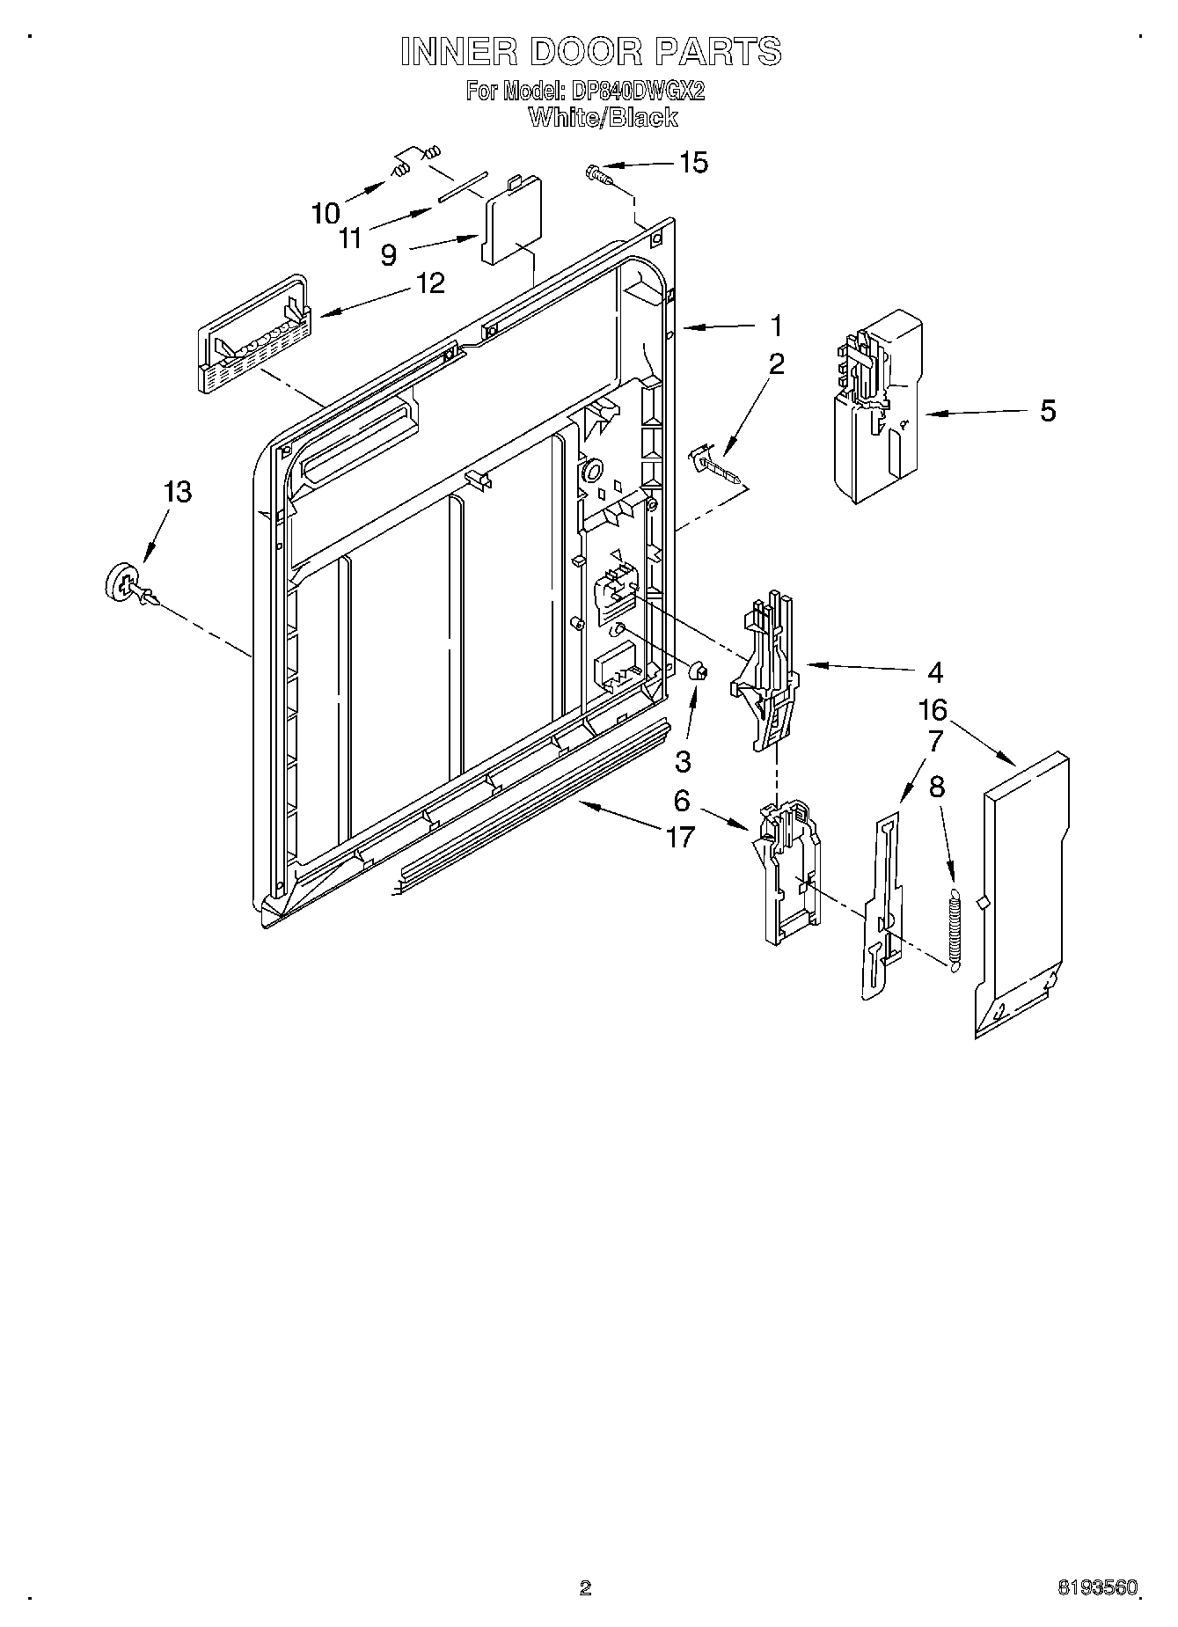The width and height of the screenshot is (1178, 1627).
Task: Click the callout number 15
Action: [x=693, y=163]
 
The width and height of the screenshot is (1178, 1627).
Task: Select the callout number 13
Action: [x=178, y=492]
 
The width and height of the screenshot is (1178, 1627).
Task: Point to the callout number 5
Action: [x=1048, y=411]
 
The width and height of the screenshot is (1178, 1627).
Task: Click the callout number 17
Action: [x=680, y=837]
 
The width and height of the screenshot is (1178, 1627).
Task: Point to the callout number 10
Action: [x=325, y=212]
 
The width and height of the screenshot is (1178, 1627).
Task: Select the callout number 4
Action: [x=934, y=673]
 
